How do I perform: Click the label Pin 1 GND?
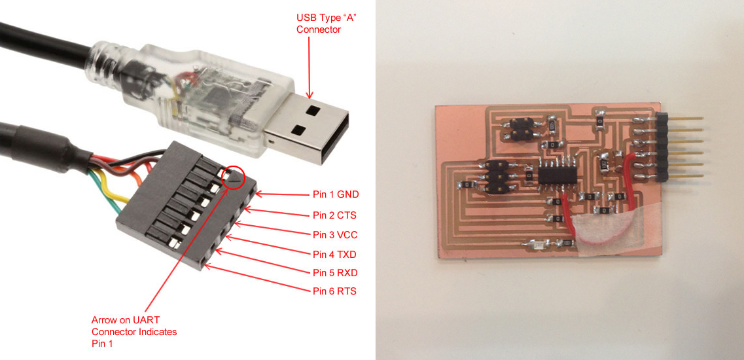click(336, 194)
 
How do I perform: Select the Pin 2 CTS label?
click(334, 215)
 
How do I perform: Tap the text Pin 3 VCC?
click(335, 234)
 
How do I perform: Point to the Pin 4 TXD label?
click(334, 255)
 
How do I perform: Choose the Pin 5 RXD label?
click(335, 272)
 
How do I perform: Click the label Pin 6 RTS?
click(334, 291)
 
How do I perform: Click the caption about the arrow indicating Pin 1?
click(134, 331)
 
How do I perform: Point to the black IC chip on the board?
click(558, 175)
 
